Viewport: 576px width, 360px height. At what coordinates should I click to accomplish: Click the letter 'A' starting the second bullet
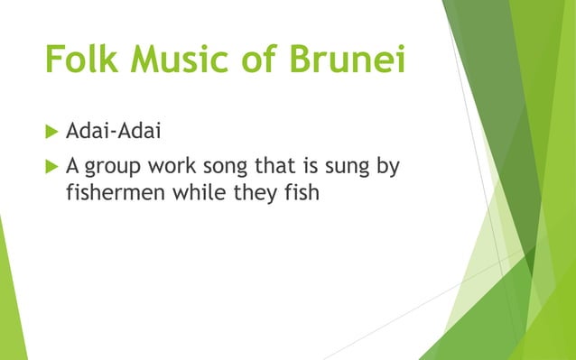73,168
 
